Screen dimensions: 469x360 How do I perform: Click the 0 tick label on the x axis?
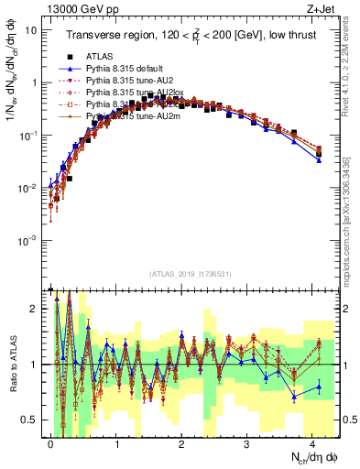[50, 442]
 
